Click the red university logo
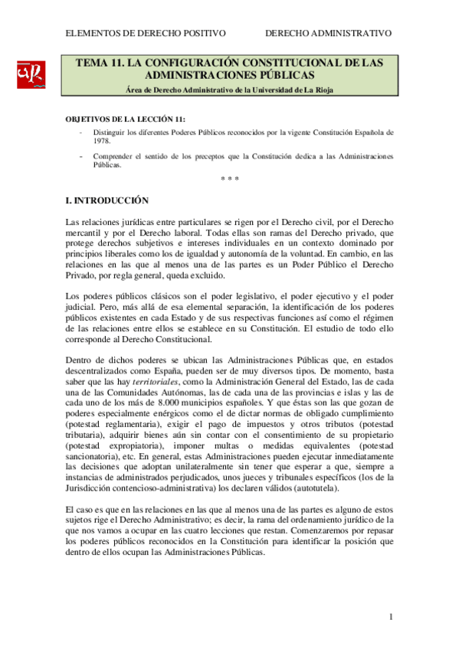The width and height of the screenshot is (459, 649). pos(31,75)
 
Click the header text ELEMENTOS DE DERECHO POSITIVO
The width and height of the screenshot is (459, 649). pos(146,33)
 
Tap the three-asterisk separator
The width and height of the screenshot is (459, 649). pos(229,179)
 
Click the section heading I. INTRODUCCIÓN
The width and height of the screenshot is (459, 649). pos(107,201)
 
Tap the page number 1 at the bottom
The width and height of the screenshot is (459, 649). pos(390,617)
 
